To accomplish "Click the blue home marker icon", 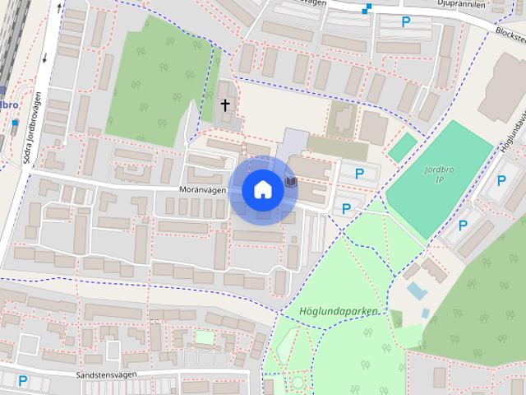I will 262,189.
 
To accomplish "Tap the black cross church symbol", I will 225,105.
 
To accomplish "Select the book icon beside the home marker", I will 289,180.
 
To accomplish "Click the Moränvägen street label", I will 201,189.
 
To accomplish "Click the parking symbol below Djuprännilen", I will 405,22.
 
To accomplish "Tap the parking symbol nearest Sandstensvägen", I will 23,380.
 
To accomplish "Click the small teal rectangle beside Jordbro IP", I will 403,147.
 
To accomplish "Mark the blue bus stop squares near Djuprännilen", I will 367,9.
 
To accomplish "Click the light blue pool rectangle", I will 417,290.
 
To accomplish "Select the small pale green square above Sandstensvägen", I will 204,337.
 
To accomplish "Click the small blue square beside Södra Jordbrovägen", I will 15,123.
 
